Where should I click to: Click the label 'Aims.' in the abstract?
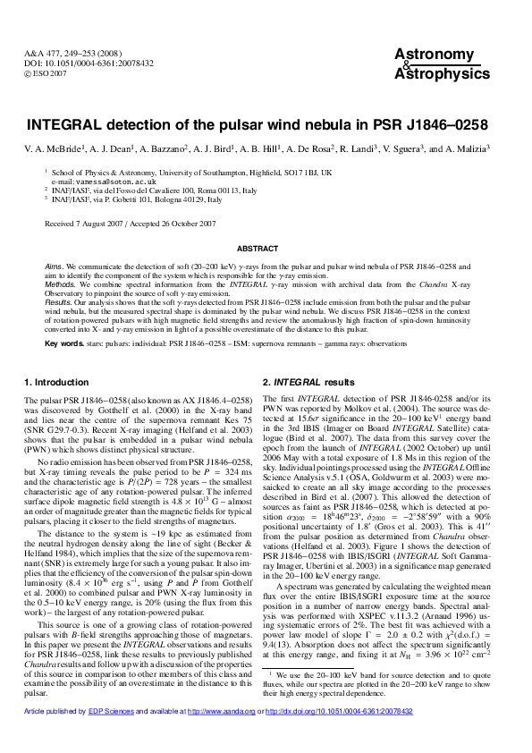[55, 267]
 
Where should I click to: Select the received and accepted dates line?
[130, 223]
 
